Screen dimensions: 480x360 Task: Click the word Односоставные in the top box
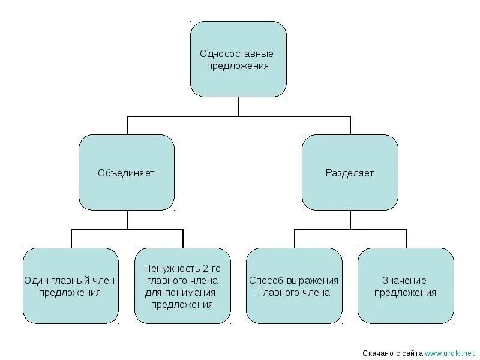238,53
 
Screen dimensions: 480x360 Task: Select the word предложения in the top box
238,65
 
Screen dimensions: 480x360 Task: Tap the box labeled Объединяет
127,173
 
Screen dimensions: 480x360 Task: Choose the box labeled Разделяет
350,173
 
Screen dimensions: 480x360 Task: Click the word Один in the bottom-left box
35,280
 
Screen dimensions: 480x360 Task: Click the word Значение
404,280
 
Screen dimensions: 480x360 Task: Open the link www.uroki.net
450,352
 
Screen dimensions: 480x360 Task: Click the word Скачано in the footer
379,352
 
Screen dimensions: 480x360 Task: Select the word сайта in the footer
413,352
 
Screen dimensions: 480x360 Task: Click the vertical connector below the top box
239,106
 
